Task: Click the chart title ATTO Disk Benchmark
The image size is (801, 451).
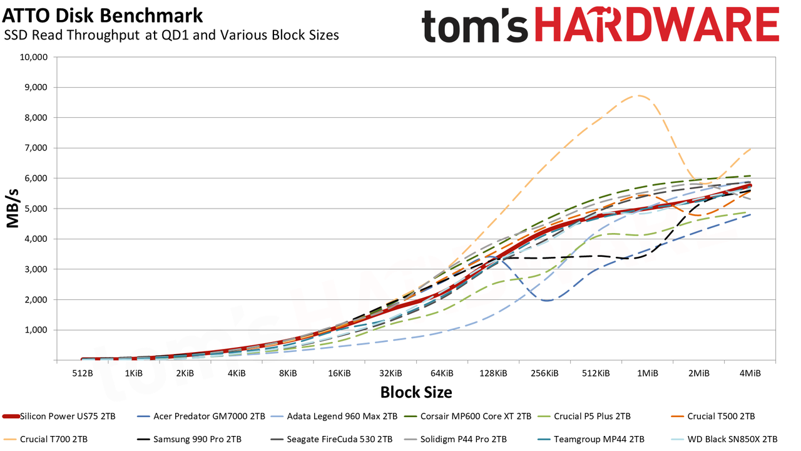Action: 103,16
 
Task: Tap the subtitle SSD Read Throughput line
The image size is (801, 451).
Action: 171,35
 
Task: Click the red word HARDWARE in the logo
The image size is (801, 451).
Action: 657,24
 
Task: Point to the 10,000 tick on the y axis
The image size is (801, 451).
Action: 33,57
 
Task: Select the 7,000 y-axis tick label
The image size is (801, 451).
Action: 36,148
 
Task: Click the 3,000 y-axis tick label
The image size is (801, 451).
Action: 36,269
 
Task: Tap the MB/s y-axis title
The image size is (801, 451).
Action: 13,209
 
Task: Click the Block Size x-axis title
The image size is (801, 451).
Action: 416,392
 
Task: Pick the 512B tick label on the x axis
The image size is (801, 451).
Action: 83,373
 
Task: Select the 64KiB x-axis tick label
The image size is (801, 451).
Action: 442,373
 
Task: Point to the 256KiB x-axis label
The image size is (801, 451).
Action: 544,373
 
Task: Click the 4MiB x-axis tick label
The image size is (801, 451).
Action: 750,373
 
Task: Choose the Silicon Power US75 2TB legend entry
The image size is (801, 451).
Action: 59,417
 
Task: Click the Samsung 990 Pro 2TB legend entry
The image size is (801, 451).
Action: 189,439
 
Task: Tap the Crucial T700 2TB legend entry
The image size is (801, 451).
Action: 45,439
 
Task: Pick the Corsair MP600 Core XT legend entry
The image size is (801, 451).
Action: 467,417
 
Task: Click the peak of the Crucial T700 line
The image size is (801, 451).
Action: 638,96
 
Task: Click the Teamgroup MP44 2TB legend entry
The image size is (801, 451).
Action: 591,439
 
